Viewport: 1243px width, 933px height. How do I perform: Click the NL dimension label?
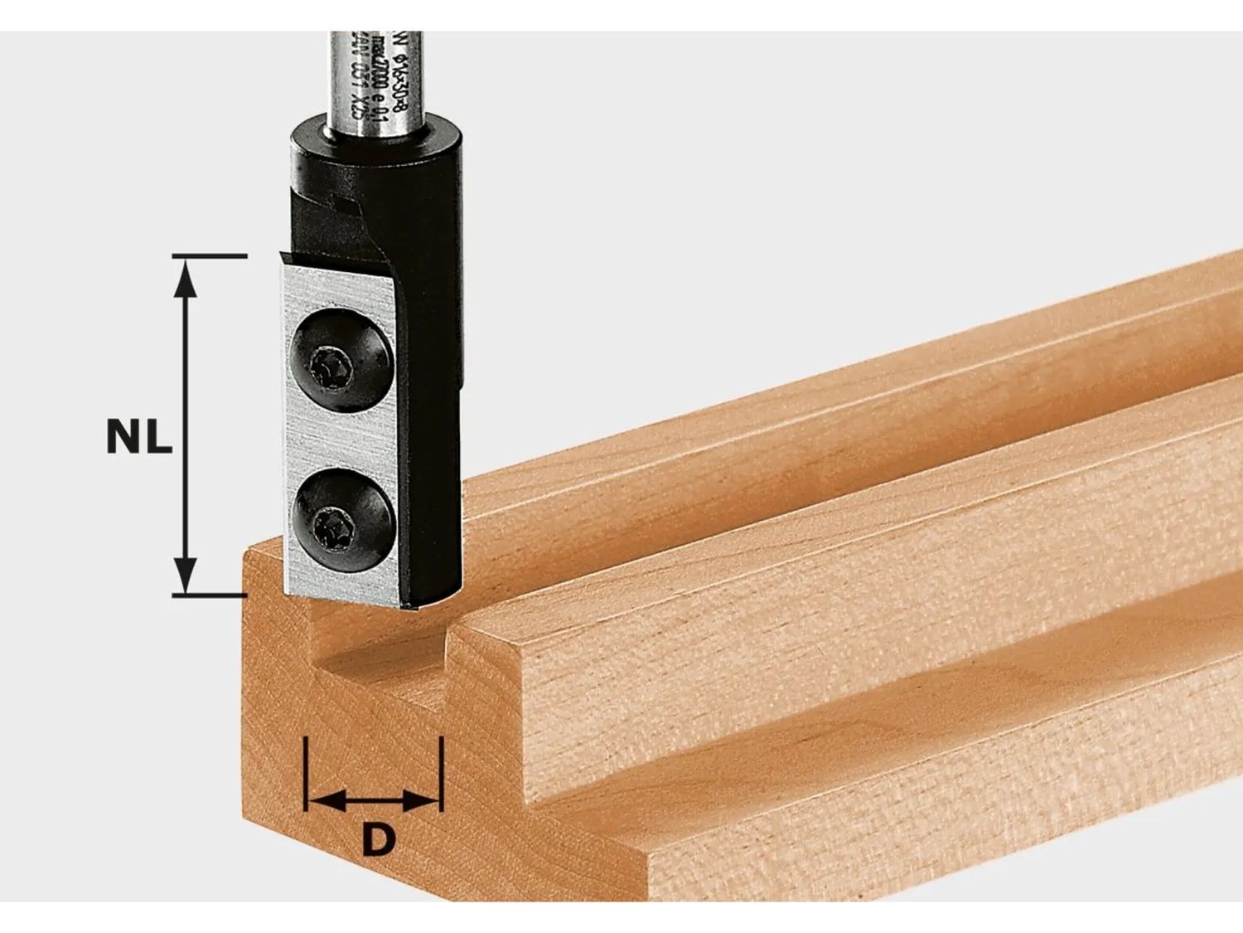tap(139, 437)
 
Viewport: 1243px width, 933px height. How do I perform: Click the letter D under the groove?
tap(377, 841)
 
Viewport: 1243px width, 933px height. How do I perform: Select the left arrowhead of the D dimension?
tap(326, 801)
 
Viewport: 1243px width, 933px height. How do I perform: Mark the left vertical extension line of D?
tap(306, 771)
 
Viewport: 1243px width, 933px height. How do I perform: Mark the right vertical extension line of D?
tap(441, 771)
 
